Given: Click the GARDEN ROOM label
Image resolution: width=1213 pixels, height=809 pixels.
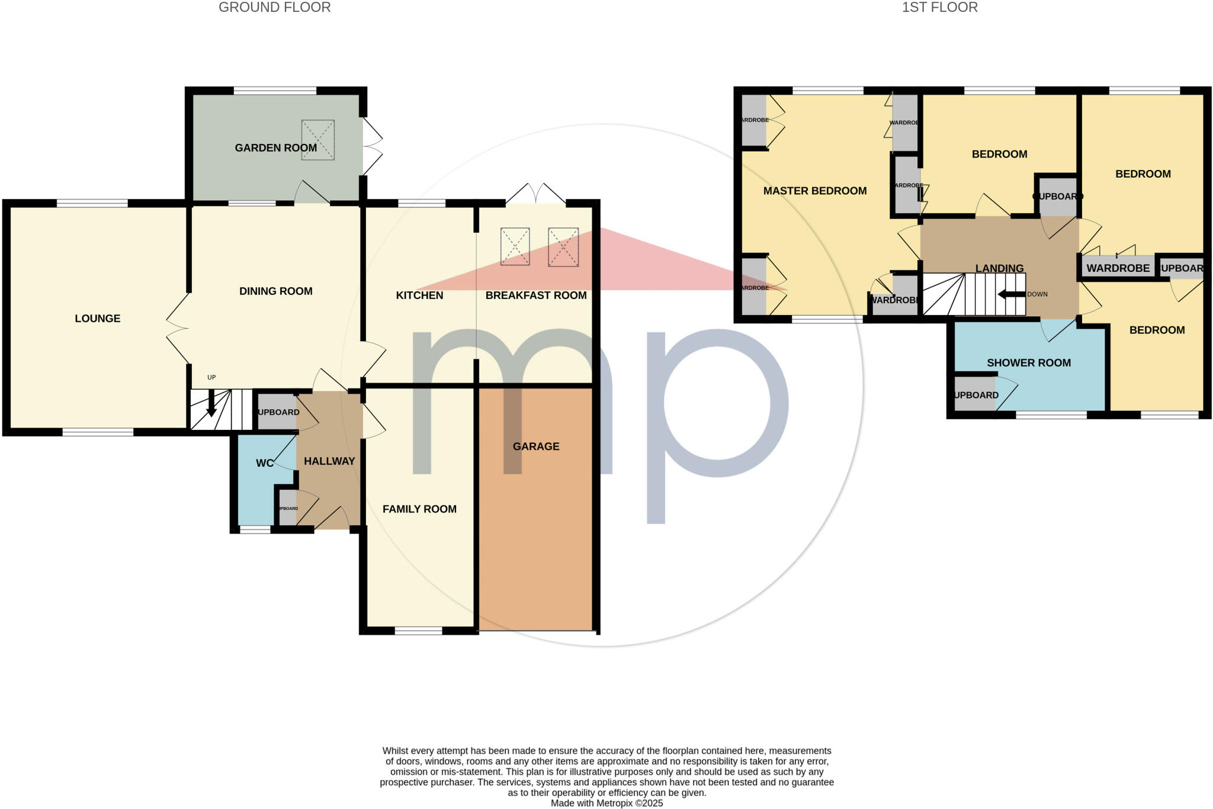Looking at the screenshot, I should [x=275, y=147].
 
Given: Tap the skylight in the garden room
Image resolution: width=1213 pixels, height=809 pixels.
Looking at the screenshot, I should [x=318, y=140].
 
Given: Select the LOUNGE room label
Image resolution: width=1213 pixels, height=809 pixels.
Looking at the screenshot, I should [x=98, y=319].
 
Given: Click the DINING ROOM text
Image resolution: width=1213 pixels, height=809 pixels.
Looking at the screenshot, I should [x=275, y=291].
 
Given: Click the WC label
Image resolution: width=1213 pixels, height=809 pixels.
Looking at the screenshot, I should [x=265, y=463].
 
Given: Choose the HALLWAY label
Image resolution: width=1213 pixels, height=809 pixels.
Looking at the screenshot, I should [x=329, y=461].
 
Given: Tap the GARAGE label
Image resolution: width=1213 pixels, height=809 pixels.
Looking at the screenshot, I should [x=536, y=446].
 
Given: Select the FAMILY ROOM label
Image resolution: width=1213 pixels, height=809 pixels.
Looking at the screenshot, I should [x=419, y=509].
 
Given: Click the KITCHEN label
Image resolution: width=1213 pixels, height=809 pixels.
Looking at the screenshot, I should [x=419, y=295].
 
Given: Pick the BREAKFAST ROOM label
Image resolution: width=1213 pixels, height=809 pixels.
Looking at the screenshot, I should [x=536, y=295].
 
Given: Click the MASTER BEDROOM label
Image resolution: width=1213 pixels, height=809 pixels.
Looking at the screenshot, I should [x=815, y=191].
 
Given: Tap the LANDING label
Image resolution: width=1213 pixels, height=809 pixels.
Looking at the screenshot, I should [x=999, y=268].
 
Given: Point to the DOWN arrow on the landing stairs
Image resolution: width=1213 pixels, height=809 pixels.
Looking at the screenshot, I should [x=1011, y=294].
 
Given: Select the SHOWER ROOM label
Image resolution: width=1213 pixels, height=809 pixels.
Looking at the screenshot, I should [x=1029, y=362].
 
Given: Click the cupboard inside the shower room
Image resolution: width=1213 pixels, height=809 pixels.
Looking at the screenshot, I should [x=975, y=395].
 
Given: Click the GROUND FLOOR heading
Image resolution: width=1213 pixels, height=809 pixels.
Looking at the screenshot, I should [x=275, y=8].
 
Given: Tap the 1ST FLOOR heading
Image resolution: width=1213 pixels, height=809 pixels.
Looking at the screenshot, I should [x=939, y=8].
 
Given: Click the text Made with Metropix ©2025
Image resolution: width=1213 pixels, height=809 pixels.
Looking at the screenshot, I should [x=606, y=803].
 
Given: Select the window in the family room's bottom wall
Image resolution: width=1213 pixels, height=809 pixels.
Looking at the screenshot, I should [x=418, y=631].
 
